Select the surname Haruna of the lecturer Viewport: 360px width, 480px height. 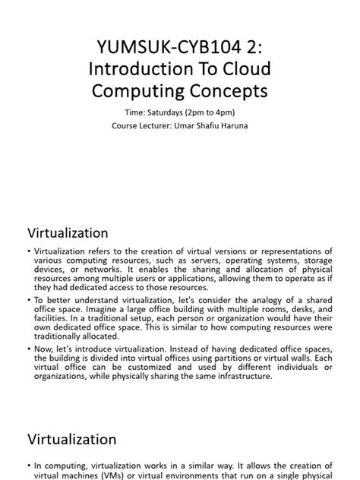pos(242,125)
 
